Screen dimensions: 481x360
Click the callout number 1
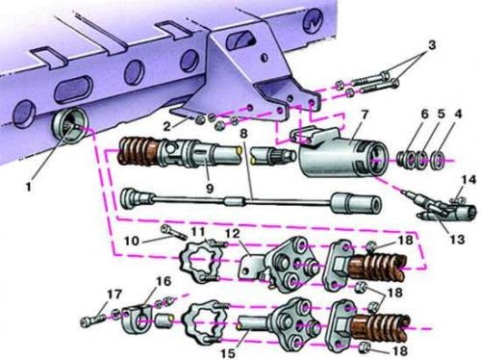pos(29,187)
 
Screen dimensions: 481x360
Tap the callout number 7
pos(365,116)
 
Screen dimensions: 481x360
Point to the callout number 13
pos(457,240)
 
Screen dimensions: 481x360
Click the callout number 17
pos(114,295)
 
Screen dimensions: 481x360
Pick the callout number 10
pos(132,241)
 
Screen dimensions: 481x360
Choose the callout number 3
pos(432,45)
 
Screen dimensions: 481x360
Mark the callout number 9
pos(210,189)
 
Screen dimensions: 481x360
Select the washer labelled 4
pos(439,158)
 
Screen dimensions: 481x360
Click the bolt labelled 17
pos(93,321)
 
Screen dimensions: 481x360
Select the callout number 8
pos(244,134)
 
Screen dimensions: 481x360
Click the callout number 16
pos(164,281)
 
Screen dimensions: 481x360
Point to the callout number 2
pos(167,126)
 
